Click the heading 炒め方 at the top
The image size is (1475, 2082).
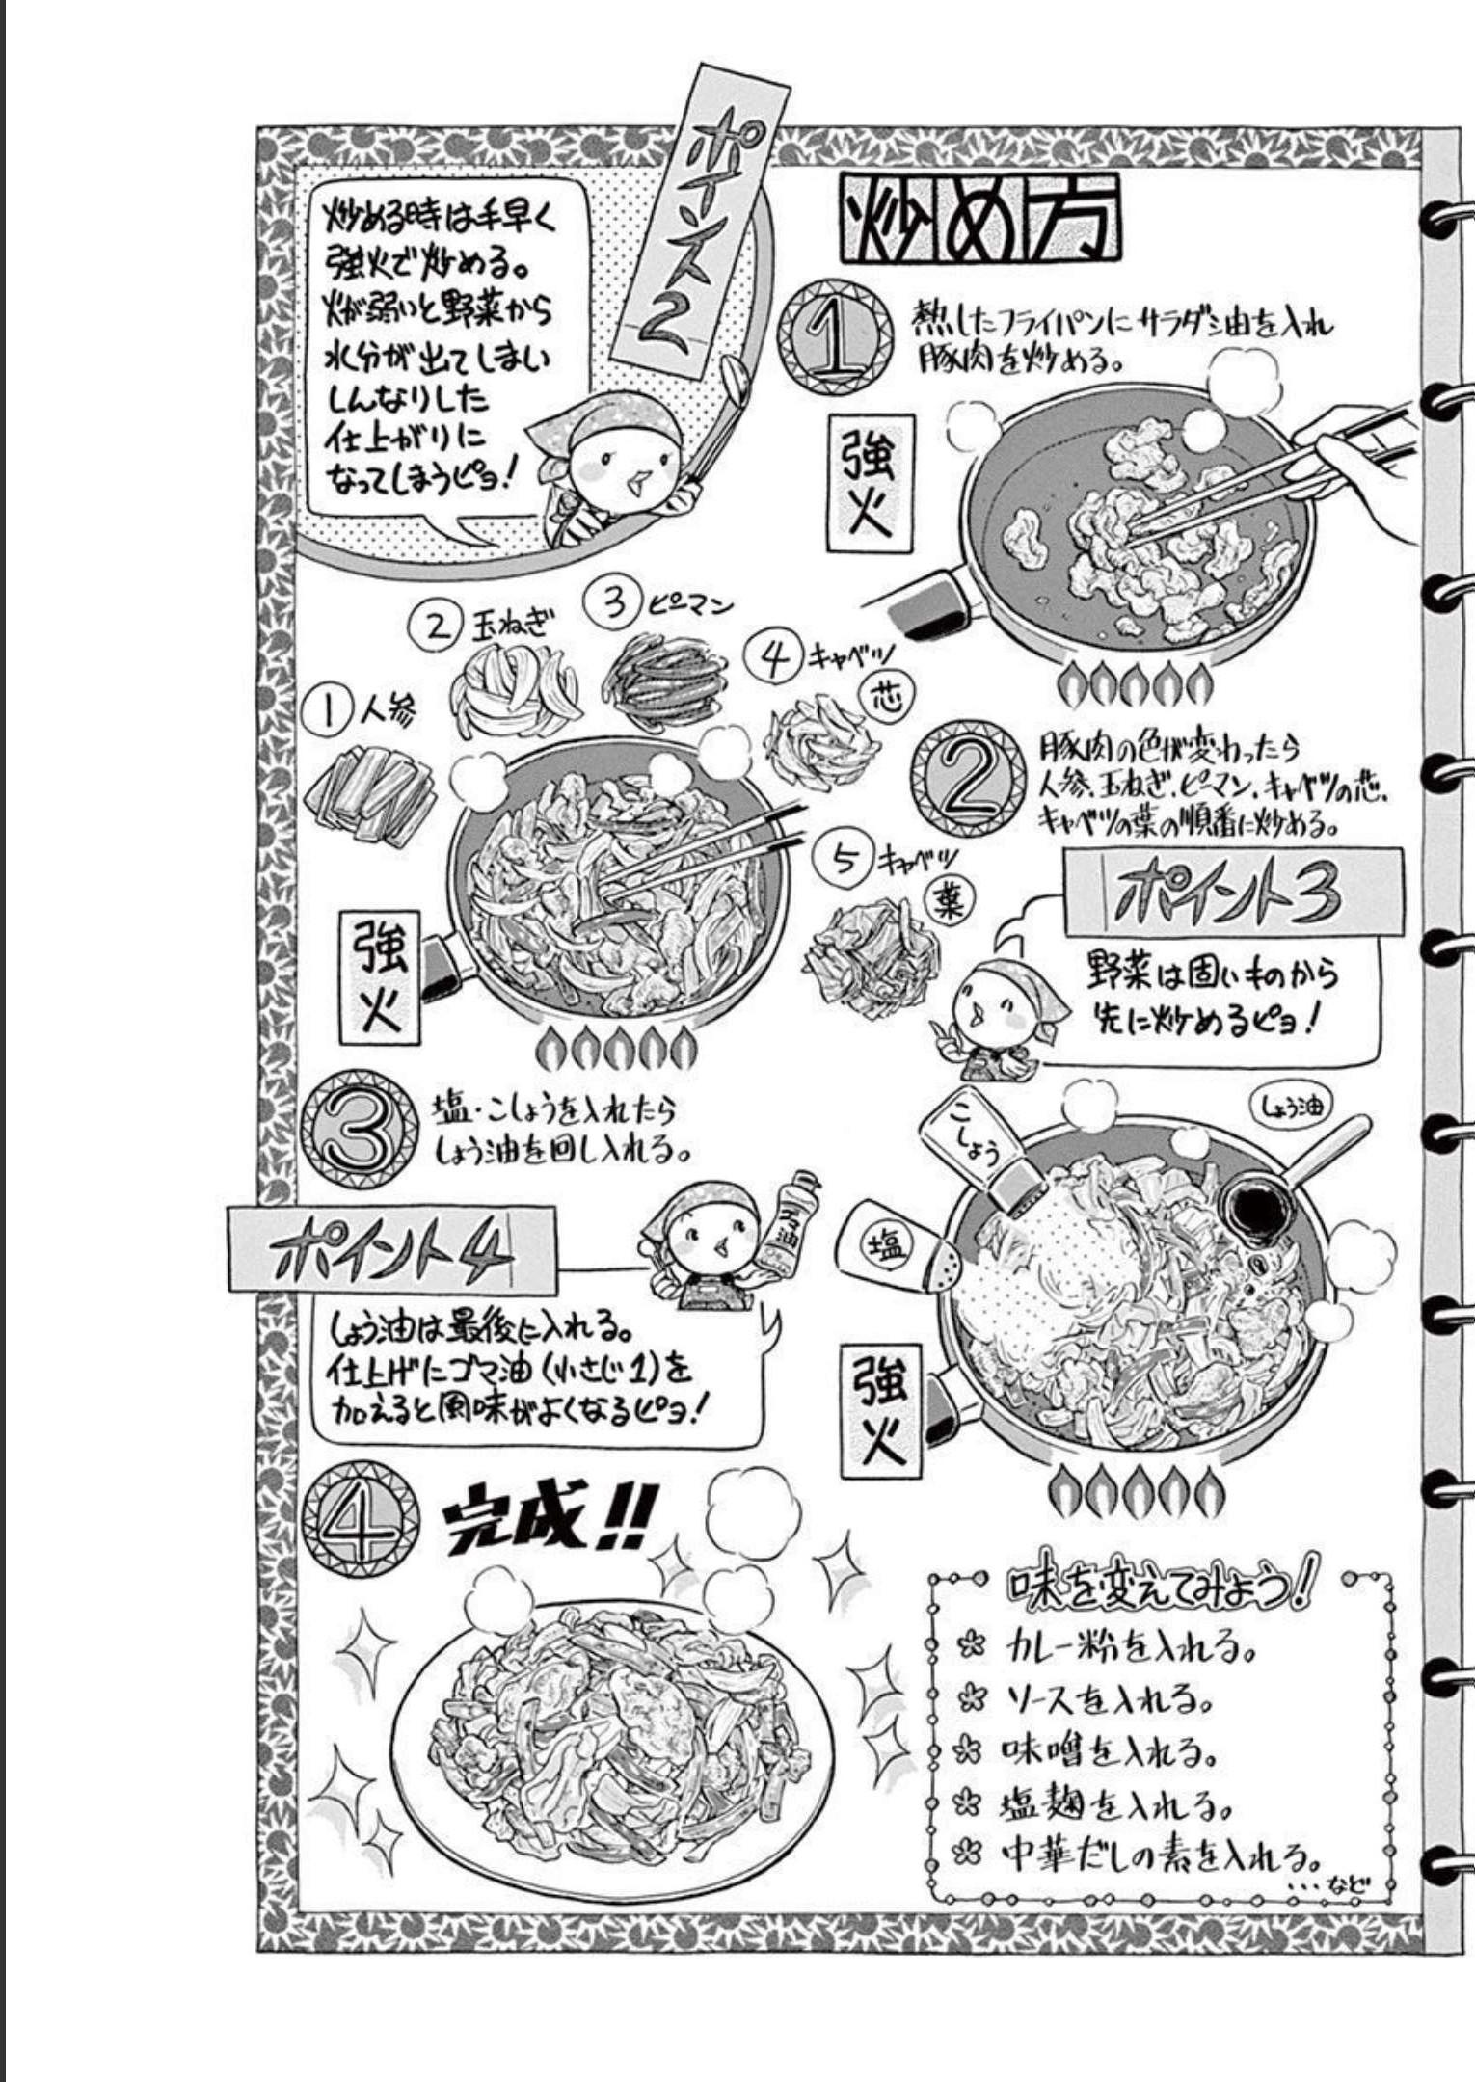click(981, 218)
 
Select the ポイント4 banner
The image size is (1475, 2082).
click(391, 1250)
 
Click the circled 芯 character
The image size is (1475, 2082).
click(887, 696)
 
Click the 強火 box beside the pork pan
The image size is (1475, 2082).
click(869, 483)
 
